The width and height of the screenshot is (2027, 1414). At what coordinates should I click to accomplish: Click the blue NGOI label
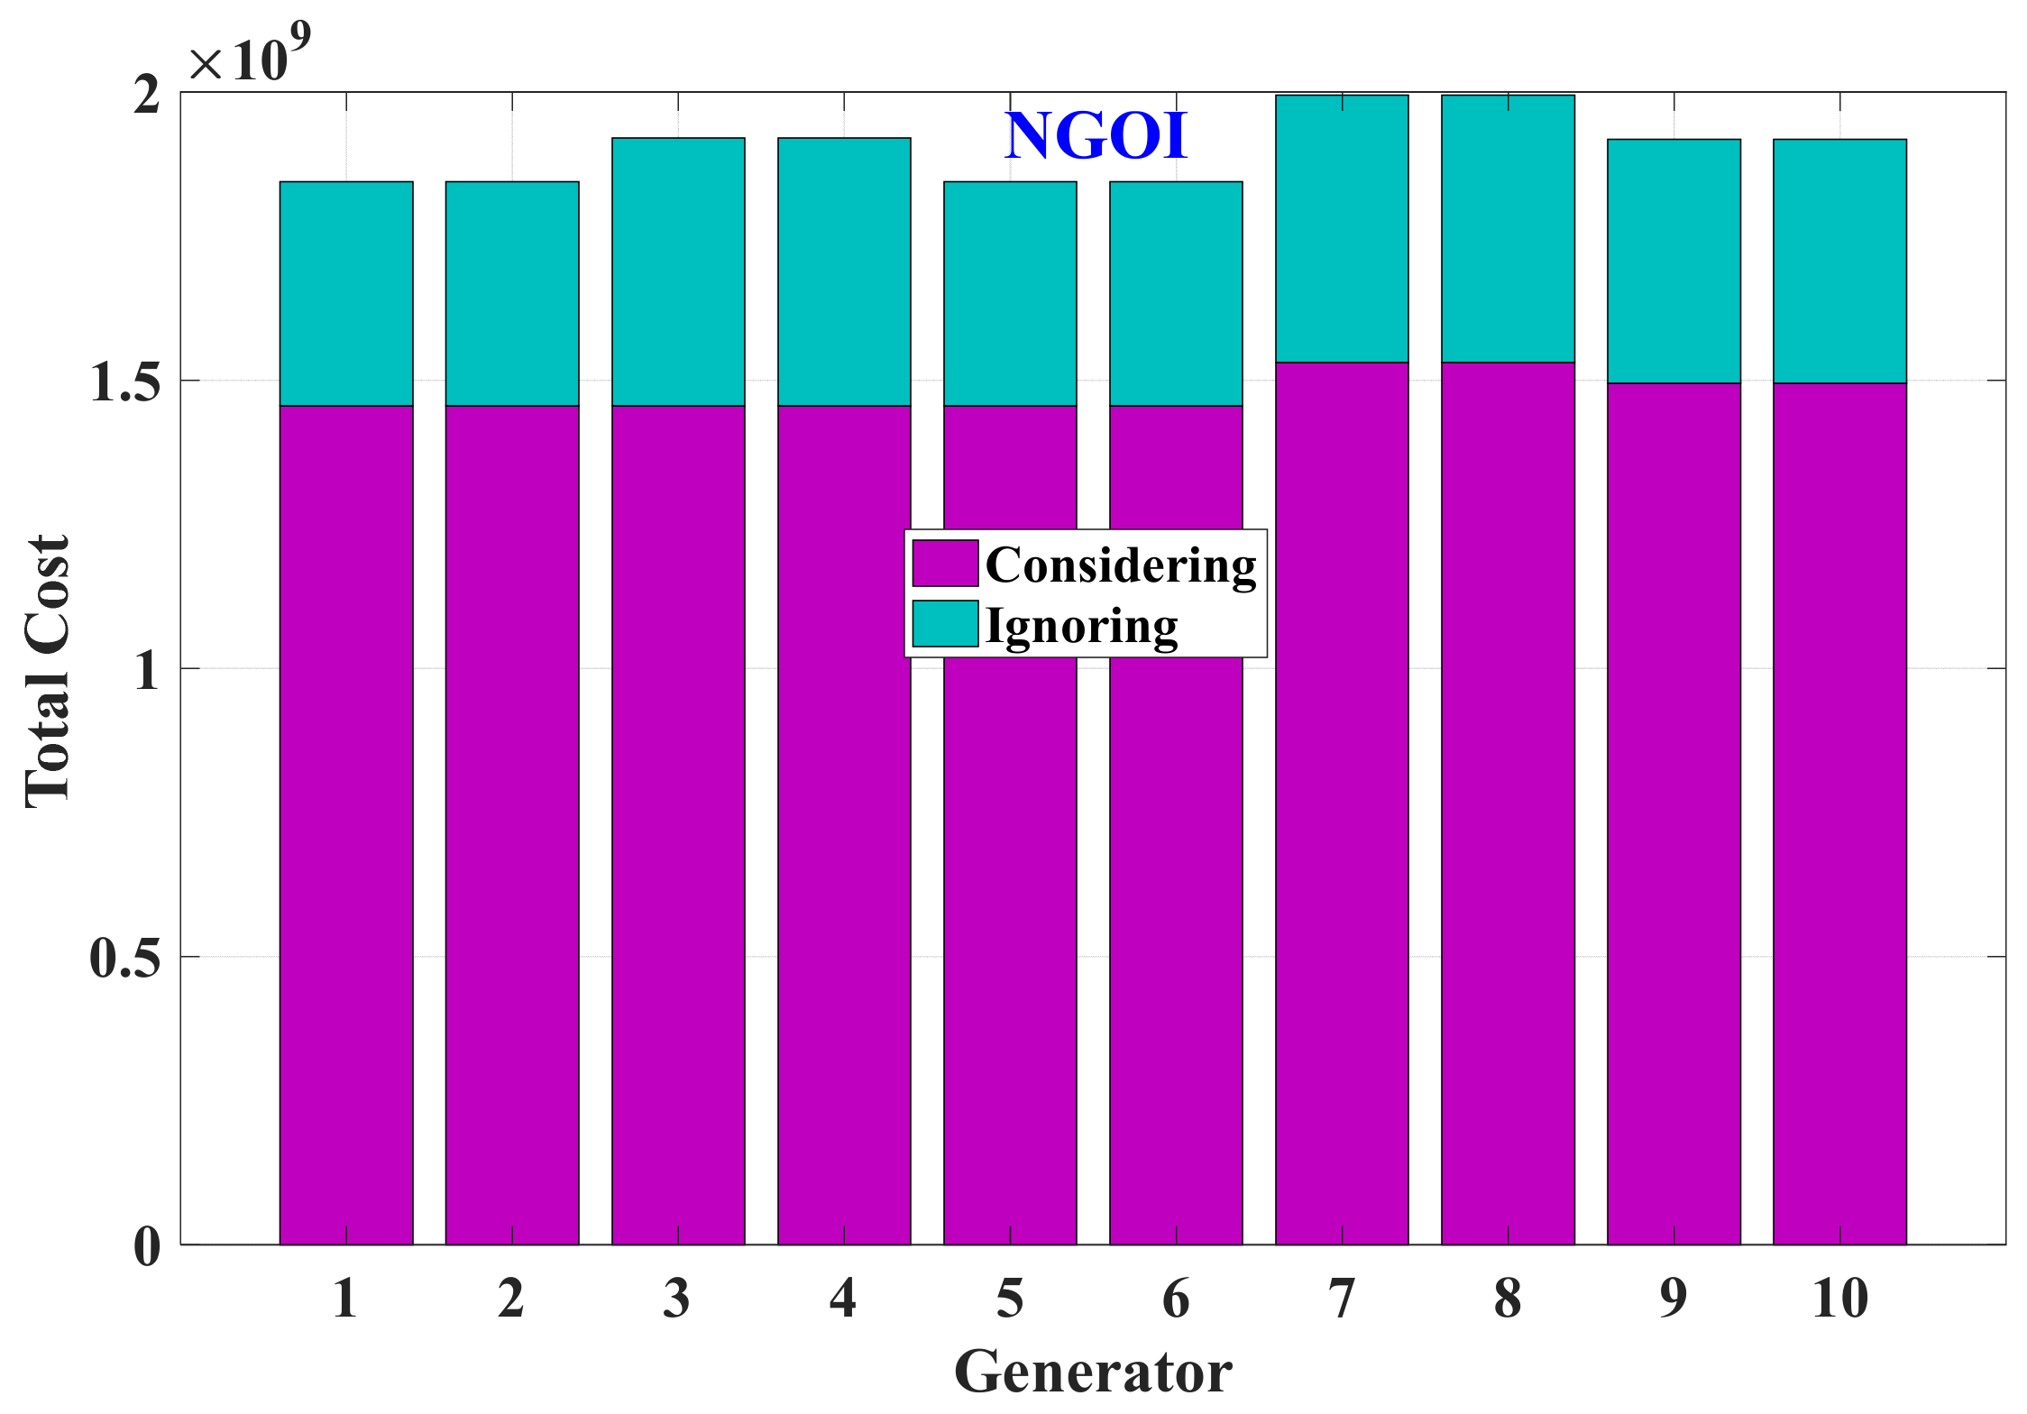coord(1096,137)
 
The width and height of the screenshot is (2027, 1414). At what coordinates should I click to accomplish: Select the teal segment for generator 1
coord(346,293)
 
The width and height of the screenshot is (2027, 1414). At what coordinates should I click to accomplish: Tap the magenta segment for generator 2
coord(512,825)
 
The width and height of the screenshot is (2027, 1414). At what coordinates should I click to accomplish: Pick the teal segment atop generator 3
coord(678,271)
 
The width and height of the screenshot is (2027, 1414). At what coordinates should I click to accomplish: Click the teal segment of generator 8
coord(1508,228)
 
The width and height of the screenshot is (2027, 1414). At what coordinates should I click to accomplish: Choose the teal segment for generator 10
coord(1839,261)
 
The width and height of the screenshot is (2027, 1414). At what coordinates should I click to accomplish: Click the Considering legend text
coord(1121,565)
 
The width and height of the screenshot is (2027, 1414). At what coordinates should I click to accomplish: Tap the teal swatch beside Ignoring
coord(945,624)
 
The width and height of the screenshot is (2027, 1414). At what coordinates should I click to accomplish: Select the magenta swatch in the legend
coord(945,564)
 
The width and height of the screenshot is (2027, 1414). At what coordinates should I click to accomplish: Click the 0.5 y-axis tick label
coord(125,958)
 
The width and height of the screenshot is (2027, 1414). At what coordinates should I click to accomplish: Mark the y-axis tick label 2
coord(147,94)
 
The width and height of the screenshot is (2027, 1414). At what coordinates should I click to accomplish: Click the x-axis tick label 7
coord(1342,1299)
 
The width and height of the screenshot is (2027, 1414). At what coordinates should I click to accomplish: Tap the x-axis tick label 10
coord(1839,1299)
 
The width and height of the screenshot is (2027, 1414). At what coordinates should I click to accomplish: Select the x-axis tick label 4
coord(843,1299)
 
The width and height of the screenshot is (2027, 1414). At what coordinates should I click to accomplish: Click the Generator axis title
coord(1093,1372)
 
